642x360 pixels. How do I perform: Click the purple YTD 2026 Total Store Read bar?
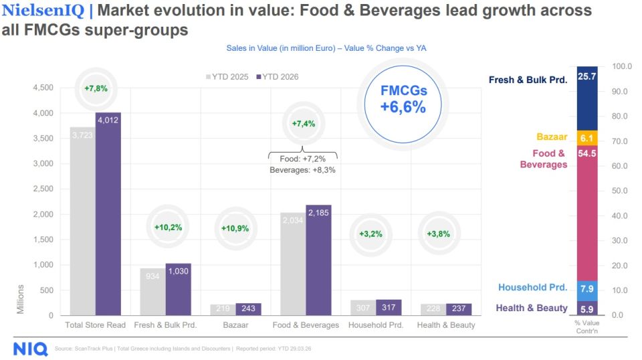pos(108,214)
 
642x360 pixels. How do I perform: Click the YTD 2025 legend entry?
pos(227,77)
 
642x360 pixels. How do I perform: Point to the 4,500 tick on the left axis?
pos(44,88)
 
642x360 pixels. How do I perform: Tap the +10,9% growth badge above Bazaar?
pos(235,228)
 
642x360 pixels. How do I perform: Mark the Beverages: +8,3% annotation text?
pos(302,170)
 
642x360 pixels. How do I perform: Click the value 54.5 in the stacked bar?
pos(586,153)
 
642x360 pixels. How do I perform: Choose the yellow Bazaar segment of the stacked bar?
pos(586,138)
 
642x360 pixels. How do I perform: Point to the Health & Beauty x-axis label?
pos(445,325)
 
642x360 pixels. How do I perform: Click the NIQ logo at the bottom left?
pos(30,349)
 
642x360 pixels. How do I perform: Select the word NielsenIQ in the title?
pos(43,11)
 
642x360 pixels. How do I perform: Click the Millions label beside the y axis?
pos(21,299)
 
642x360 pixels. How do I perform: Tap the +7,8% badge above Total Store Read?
pos(96,88)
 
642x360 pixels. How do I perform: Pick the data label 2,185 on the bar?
pos(318,213)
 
